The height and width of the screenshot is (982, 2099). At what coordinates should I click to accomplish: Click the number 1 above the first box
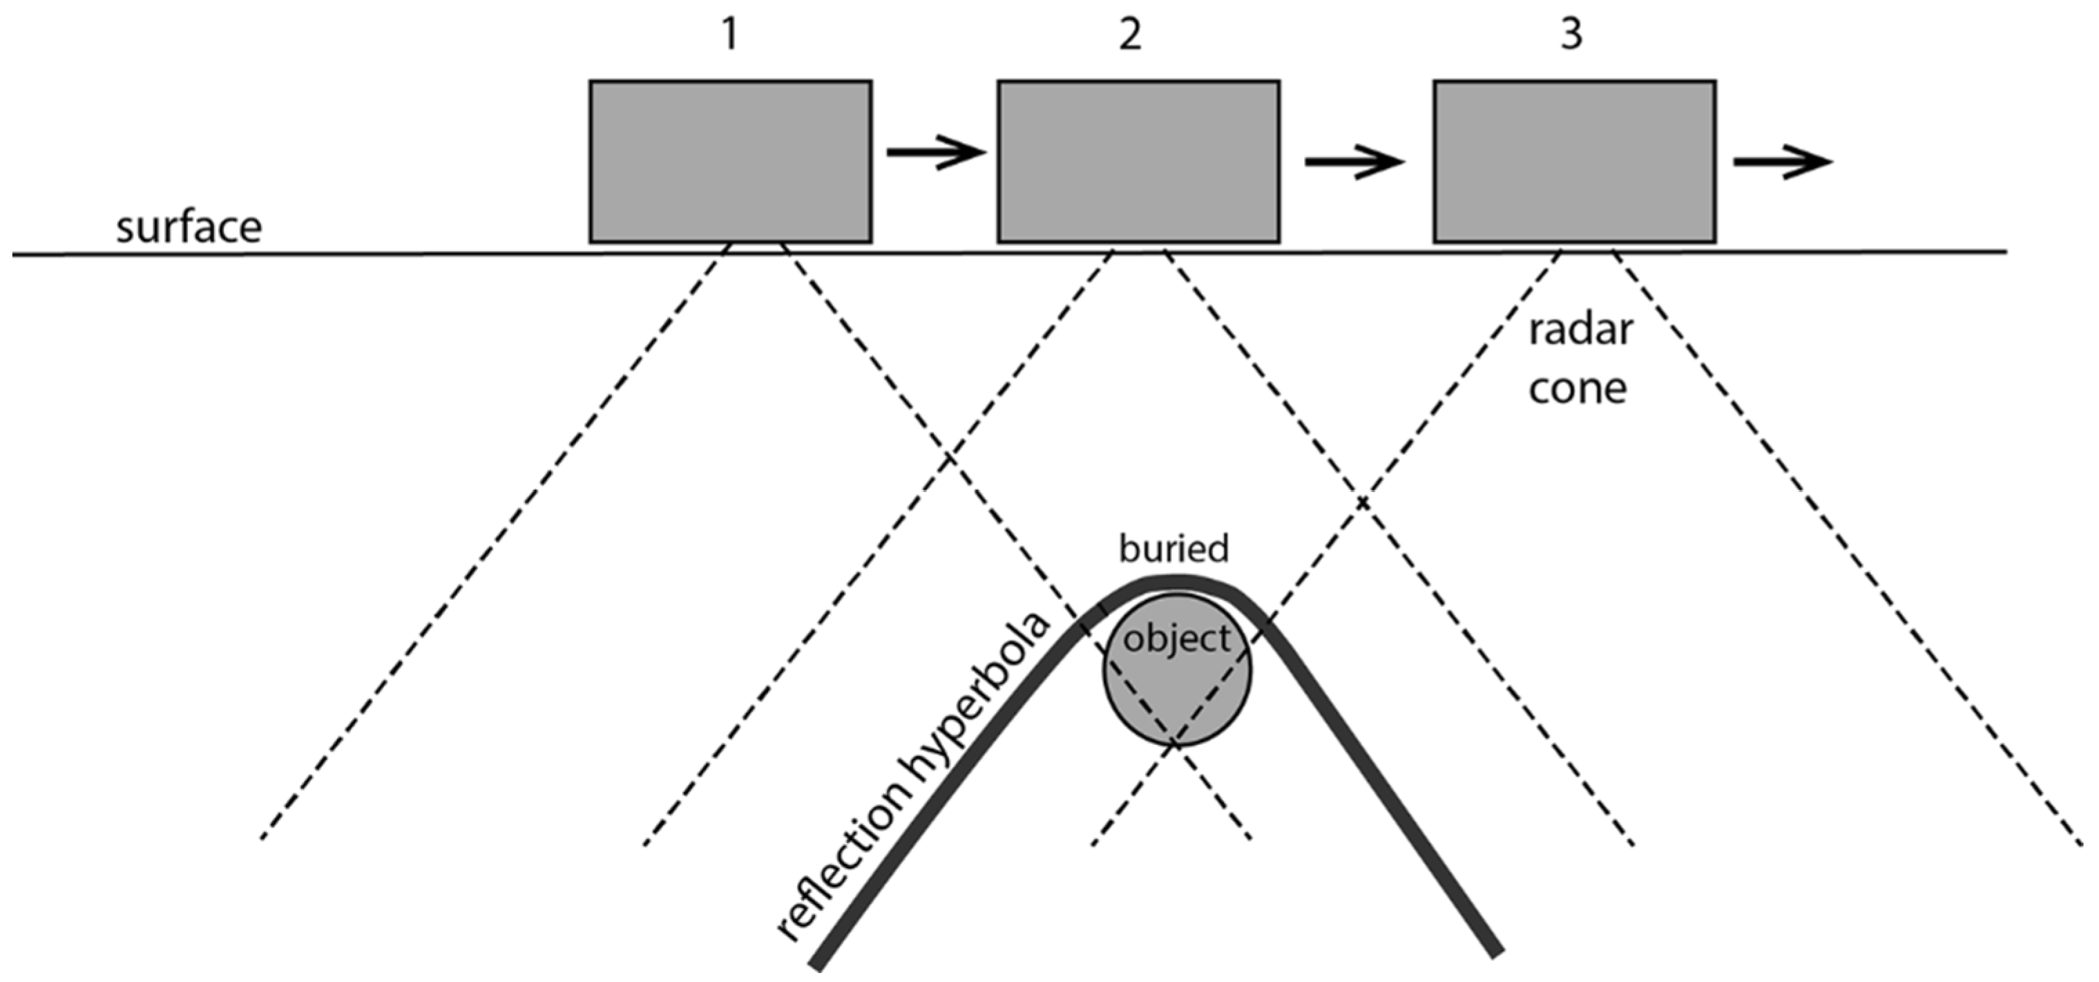tap(729, 35)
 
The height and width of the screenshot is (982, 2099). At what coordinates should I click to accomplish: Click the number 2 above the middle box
tap(1129, 35)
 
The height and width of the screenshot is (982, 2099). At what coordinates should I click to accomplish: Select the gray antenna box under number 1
tap(730, 161)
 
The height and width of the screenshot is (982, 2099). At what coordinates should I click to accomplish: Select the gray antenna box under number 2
tap(1138, 161)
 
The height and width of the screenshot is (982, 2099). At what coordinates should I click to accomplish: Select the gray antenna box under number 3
tap(1574, 161)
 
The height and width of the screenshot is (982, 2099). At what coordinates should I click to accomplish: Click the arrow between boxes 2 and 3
tap(1355, 161)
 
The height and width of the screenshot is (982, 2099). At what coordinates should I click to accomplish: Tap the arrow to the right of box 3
tap(1783, 161)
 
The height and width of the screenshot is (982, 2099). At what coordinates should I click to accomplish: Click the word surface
tap(189, 227)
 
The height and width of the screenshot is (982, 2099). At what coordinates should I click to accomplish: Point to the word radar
tap(1580, 330)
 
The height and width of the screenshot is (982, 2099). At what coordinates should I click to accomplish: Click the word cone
tap(1577, 389)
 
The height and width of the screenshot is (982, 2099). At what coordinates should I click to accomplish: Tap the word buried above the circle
tap(1173, 549)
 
